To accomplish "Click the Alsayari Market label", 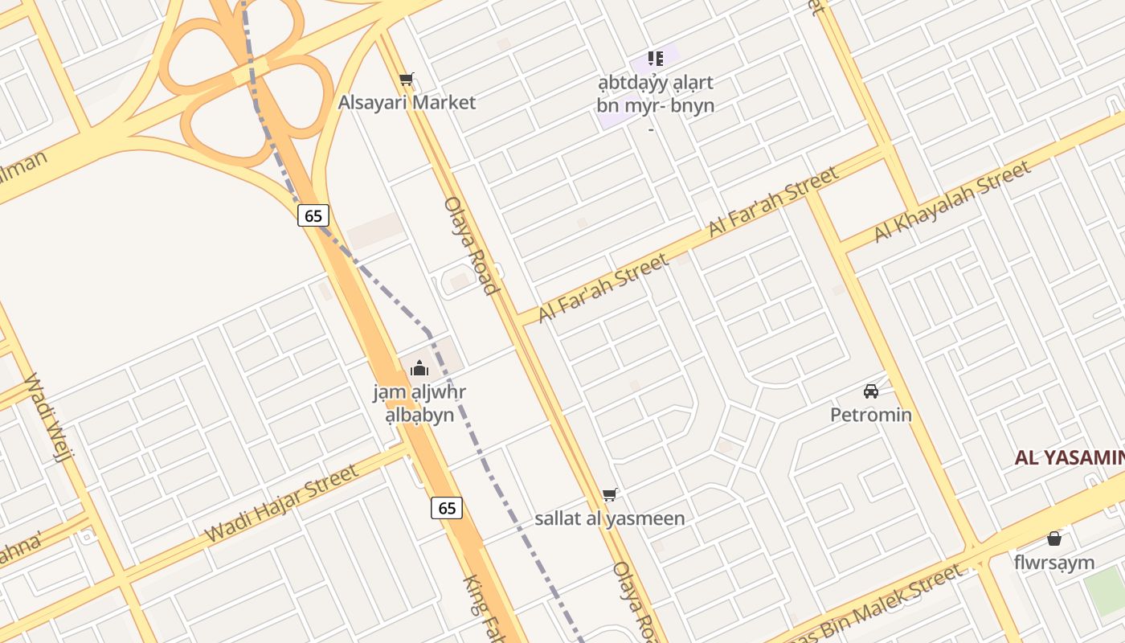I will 407,102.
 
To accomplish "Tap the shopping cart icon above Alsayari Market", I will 407,80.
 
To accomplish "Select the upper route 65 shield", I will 313,215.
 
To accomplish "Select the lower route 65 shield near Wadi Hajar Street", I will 447,508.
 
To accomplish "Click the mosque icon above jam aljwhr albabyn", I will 419,369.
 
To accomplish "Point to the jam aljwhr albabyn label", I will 419,404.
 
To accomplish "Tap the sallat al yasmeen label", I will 610,518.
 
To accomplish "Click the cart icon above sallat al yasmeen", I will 610,494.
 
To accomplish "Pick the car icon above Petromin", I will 870,391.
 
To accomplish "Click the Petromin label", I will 870,415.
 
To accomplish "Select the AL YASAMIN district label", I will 1069,458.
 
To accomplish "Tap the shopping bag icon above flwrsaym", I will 1054,539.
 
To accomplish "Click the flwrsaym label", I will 1054,562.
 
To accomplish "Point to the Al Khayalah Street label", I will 952,201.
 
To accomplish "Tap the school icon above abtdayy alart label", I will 656,58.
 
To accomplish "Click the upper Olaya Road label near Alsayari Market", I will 472,245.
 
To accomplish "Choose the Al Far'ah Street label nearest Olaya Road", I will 603,288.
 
